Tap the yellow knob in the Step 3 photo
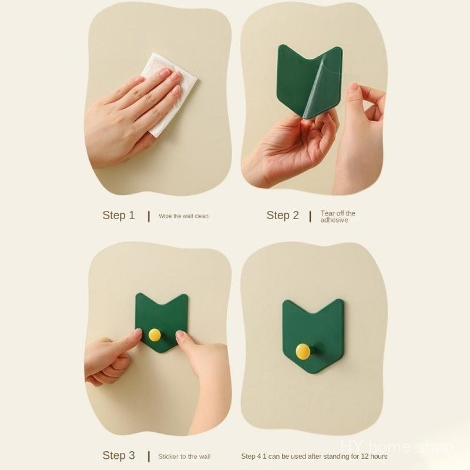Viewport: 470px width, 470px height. [x=155, y=334]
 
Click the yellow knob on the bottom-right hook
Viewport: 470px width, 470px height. [x=303, y=351]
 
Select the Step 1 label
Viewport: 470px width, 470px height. [x=119, y=215]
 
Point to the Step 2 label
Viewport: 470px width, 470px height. [x=283, y=215]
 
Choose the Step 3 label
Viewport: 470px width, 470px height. [x=119, y=455]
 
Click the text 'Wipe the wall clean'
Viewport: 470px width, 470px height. [x=183, y=216]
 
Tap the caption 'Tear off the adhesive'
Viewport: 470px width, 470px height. [x=338, y=216]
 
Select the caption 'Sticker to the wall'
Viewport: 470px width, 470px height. [x=184, y=456]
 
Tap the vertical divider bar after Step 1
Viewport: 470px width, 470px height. [x=149, y=216]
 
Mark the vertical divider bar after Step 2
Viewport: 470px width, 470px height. [x=310, y=216]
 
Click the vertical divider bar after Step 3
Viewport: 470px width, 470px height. [x=149, y=456]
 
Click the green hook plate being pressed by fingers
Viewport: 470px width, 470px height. [x=162, y=318]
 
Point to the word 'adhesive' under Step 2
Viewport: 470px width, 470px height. [x=334, y=220]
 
